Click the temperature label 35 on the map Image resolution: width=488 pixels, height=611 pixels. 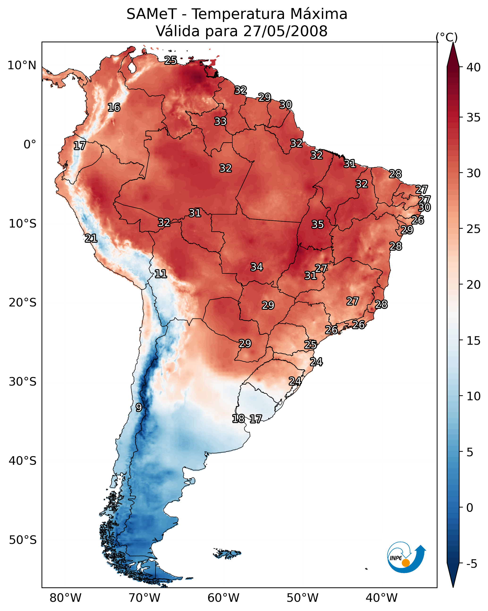click(x=318, y=224)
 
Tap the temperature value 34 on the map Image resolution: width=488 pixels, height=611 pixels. click(x=257, y=267)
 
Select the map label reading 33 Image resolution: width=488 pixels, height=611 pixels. click(x=220, y=121)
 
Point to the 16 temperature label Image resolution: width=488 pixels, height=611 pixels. click(x=114, y=108)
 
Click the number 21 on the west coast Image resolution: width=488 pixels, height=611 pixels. click(x=91, y=238)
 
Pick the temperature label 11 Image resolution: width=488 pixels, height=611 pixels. click(x=161, y=274)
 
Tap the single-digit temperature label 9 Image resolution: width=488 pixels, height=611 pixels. click(x=139, y=408)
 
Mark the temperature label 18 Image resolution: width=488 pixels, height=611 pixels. click(x=238, y=419)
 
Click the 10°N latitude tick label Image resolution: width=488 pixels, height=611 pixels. click(x=22, y=65)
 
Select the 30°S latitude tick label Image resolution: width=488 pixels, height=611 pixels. click(x=22, y=382)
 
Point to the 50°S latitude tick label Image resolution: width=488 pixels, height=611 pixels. click(x=22, y=540)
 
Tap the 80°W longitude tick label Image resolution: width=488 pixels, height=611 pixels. click(x=65, y=598)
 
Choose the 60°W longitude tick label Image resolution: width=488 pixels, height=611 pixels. click(x=224, y=598)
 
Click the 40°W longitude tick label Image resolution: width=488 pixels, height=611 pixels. click(x=382, y=598)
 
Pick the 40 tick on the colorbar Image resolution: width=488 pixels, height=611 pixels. click(x=474, y=67)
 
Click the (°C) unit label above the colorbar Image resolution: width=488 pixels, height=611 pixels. click(x=447, y=37)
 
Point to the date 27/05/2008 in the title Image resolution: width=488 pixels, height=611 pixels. click(x=285, y=31)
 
